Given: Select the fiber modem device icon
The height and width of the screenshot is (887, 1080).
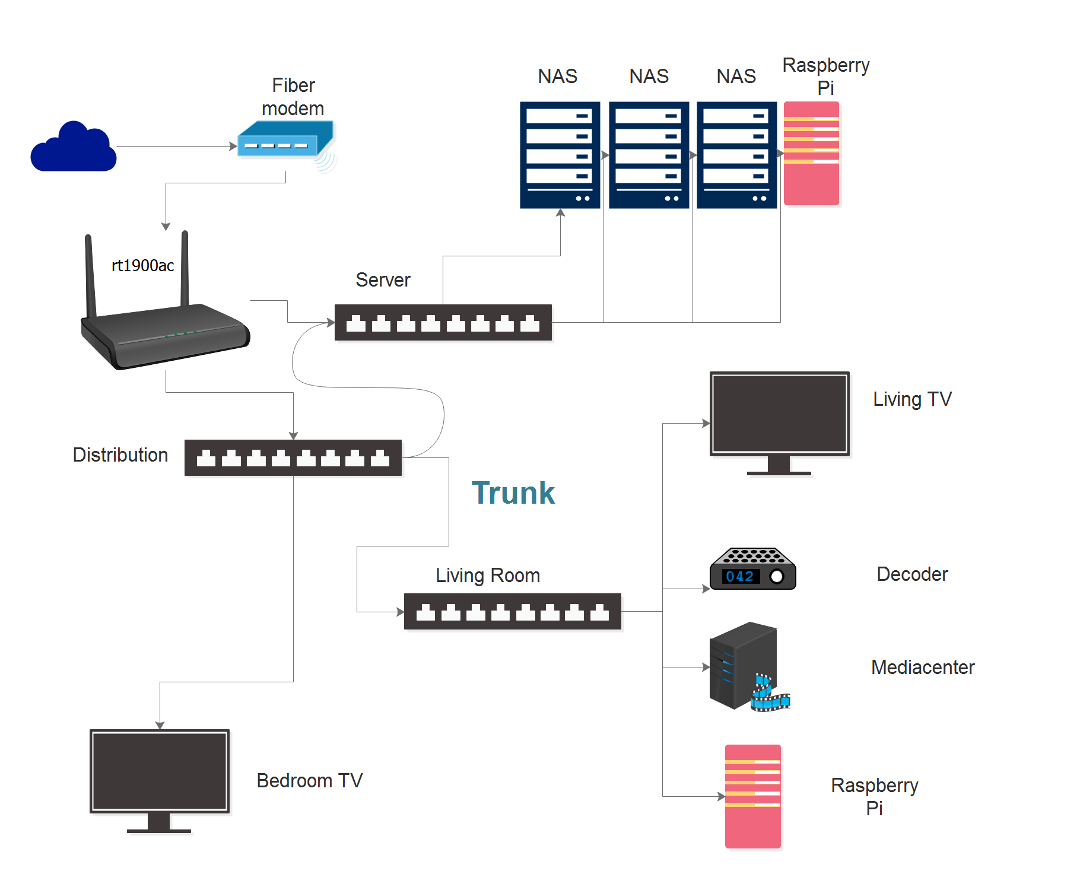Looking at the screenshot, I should (285, 139).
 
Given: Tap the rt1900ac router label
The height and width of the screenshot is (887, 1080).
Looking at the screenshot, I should (142, 265).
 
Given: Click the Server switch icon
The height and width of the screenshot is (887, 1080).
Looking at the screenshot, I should (443, 323).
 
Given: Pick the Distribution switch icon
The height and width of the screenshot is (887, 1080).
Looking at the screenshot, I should (293, 457).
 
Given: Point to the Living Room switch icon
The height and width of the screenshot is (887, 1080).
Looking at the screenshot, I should (513, 611).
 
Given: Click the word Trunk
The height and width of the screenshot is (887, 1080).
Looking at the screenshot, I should (513, 493).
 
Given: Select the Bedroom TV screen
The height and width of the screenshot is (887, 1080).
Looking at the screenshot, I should (160, 771).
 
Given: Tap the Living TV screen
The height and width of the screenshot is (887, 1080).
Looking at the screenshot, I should (780, 414).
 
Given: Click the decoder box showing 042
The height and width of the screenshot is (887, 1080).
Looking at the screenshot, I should (752, 569).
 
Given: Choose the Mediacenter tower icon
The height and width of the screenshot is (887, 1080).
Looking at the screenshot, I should (742, 665).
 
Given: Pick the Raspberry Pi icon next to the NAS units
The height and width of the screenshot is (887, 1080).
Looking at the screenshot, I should (811, 154).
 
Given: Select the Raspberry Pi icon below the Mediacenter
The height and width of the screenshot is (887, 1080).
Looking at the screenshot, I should (753, 796).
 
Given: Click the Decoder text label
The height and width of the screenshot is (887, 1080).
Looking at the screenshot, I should (912, 574).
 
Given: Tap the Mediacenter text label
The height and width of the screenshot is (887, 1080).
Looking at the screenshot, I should (923, 667).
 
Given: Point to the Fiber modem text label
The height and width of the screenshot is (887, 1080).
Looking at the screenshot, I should (293, 97).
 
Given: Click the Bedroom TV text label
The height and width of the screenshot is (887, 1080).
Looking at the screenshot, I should (309, 781).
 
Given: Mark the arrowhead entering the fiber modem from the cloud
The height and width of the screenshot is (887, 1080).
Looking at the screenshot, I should (233, 146).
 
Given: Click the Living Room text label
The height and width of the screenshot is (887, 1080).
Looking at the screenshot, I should (488, 576).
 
